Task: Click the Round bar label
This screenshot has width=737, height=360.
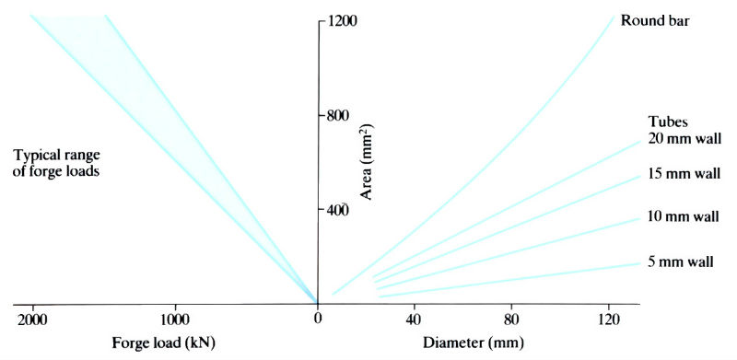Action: pos(655,20)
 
